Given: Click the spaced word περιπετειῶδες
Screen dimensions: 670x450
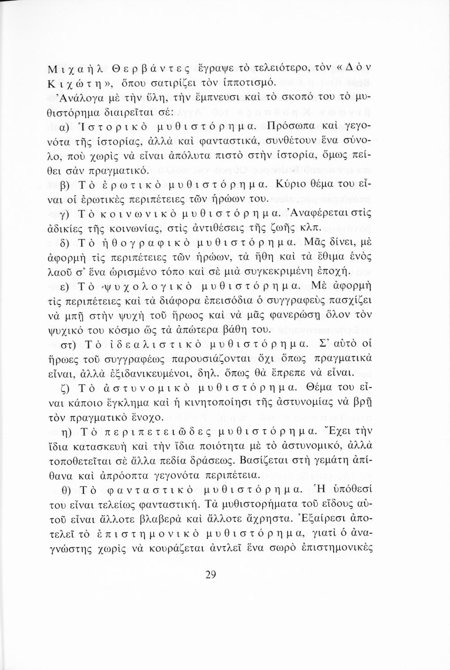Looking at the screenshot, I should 160,431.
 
